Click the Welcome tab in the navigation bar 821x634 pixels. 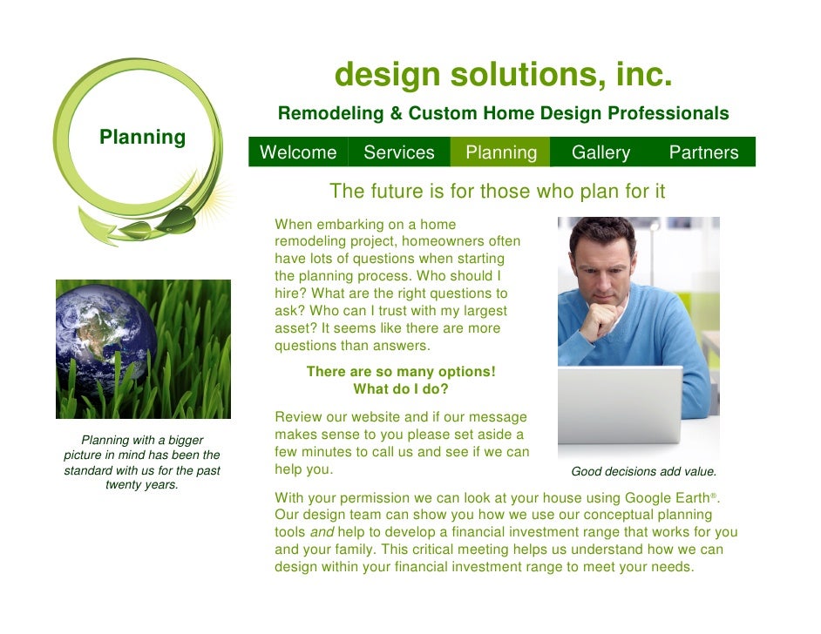(298, 152)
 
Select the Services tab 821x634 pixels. (398, 152)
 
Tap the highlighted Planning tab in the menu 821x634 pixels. (501, 152)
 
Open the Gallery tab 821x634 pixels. (600, 152)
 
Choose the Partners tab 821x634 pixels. (703, 152)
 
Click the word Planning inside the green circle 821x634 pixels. (142, 137)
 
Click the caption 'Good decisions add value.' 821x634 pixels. (643, 471)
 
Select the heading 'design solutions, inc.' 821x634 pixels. (503, 76)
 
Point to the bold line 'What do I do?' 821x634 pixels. (400, 389)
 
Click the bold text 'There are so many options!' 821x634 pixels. (400, 372)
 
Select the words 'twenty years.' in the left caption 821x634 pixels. (141, 484)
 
